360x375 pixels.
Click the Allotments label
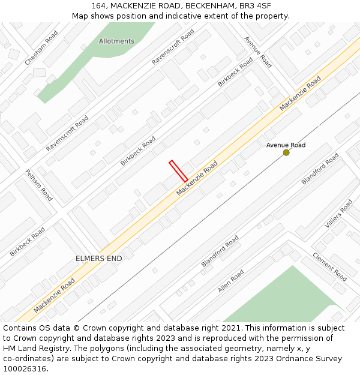click(x=116, y=41)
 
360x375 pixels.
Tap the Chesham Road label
click(x=41, y=49)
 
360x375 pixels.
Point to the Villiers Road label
click(x=339, y=214)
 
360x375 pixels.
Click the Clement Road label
click(x=329, y=267)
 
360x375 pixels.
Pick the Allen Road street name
click(x=231, y=281)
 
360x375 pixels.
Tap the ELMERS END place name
click(x=98, y=259)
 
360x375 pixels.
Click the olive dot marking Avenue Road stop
click(x=286, y=152)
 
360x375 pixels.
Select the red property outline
click(x=178, y=171)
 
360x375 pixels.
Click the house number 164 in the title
click(x=101, y=5)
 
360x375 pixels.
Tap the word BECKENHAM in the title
click(x=209, y=5)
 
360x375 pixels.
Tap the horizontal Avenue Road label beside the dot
click(x=286, y=145)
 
